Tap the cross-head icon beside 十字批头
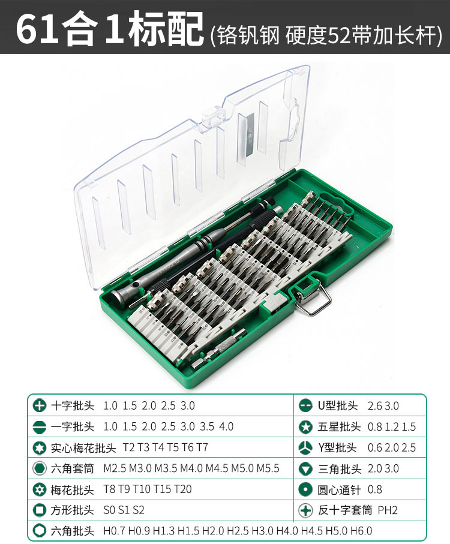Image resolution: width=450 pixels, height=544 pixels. click(x=40, y=406)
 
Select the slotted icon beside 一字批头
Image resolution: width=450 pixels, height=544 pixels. click(x=40, y=427)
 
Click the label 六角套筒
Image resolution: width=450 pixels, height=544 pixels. click(x=73, y=468)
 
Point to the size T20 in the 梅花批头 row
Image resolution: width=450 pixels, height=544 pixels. click(x=183, y=489)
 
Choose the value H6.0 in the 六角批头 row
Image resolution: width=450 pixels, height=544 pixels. click(x=361, y=531)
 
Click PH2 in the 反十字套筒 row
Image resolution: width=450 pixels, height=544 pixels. click(x=388, y=510)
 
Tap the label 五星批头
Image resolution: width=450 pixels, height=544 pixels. click(x=339, y=427)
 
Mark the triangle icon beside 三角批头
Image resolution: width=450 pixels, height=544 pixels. click(x=306, y=468)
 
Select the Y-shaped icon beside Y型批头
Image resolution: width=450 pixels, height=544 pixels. click(x=306, y=448)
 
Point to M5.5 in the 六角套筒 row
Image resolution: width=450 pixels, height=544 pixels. click(x=268, y=468)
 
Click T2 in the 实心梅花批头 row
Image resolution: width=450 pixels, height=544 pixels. click(x=128, y=448)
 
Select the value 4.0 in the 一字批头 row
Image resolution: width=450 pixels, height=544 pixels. click(x=226, y=427)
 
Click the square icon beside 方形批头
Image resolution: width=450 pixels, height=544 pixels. click(x=40, y=510)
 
